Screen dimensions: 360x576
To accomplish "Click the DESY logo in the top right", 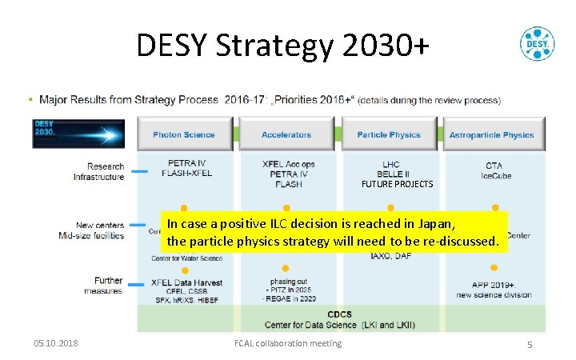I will coord(537,44).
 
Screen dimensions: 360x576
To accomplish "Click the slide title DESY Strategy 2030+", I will coord(282,46).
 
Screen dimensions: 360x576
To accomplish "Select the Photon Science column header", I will coord(184,134).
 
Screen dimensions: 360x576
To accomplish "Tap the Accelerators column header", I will coord(286,134).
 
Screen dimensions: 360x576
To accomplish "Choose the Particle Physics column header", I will coord(389,134).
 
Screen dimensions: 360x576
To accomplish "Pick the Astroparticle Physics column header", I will coord(491,134).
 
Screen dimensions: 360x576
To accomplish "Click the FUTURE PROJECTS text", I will coord(397,184).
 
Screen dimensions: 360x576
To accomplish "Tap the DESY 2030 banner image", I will coord(78,134).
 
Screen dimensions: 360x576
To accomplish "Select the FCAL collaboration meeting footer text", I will coord(287,343).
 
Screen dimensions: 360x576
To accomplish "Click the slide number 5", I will coord(530,344).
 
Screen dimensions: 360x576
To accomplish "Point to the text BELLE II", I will coord(391,174).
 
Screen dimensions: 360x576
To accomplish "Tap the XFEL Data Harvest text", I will coord(186,282).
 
